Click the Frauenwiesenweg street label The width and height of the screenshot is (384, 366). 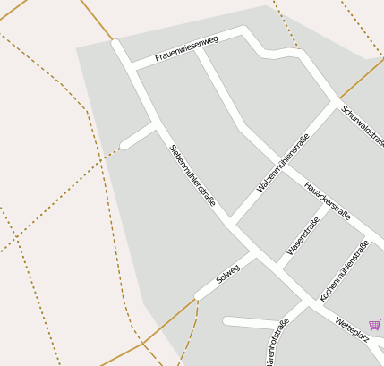click(186, 49)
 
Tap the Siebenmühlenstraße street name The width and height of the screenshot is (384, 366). click(192, 175)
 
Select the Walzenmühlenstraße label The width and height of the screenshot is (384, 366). click(282, 163)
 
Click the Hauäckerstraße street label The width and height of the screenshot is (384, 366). click(328, 202)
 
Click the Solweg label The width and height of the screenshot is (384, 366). click(228, 272)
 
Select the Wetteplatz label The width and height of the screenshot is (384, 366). click(351, 328)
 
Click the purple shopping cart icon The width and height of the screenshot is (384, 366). click(374, 325)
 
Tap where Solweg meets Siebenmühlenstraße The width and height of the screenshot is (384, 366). click(255, 256)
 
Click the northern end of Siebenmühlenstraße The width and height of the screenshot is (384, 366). click(115, 41)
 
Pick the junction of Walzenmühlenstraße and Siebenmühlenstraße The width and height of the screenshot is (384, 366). click(231, 221)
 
